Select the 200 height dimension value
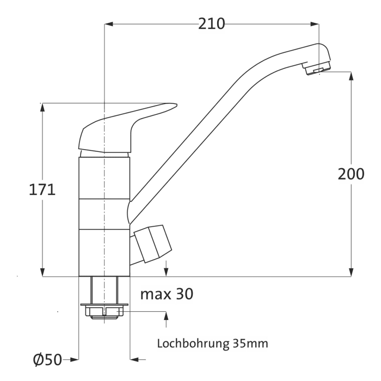[351, 174]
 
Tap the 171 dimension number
[42, 190]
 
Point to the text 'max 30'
[167, 294]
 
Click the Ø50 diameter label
[48, 359]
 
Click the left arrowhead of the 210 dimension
[108, 24]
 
